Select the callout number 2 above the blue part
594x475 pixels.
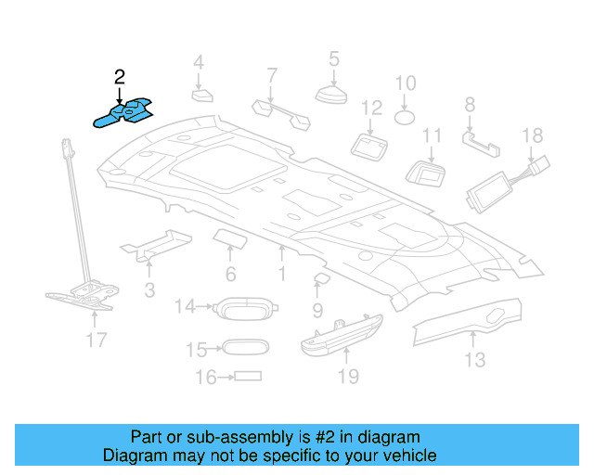pos(119,78)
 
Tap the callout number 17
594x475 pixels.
pos(97,340)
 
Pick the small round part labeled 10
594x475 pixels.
pos(406,118)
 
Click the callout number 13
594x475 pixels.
pos(474,360)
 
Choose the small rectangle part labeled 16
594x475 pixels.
pos(248,377)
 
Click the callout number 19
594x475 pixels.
pos(347,377)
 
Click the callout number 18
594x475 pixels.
pos(532,136)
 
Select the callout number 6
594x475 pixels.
pos(230,274)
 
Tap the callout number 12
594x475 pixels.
pos(371,109)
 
